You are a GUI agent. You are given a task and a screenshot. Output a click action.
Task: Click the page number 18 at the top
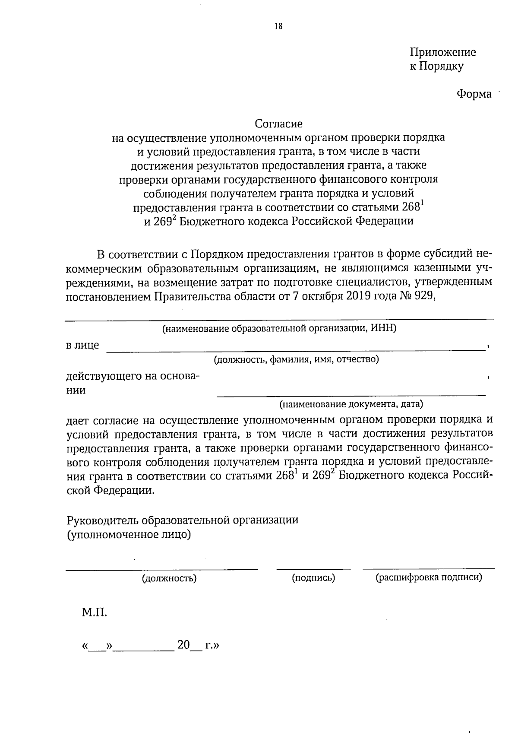pyautogui.click(x=278, y=26)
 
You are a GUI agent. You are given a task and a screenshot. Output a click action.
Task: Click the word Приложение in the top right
pyautogui.click(x=442, y=52)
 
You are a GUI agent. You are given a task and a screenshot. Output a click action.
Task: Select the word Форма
pyautogui.click(x=474, y=94)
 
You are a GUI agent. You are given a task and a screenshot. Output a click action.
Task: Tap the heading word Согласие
pyautogui.click(x=278, y=124)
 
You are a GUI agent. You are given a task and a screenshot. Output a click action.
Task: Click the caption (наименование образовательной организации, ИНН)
pyautogui.click(x=279, y=328)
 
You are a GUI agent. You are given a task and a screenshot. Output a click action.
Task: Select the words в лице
pyautogui.click(x=82, y=345)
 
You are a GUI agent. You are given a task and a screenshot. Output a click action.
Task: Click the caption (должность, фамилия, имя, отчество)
pyautogui.click(x=296, y=359)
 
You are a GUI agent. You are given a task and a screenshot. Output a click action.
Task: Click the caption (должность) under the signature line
pyautogui.click(x=169, y=578)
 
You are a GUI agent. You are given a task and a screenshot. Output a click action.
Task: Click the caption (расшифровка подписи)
pyautogui.click(x=429, y=578)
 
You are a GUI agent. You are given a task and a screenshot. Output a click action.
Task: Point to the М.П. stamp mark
pyautogui.click(x=94, y=612)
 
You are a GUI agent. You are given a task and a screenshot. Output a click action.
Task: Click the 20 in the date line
pyautogui.click(x=183, y=645)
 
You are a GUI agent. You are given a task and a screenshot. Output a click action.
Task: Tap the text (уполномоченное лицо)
pyautogui.click(x=128, y=534)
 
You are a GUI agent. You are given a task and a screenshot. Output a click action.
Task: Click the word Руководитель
pyautogui.click(x=100, y=520)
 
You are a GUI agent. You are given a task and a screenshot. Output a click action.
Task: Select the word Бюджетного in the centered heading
pyautogui.click(x=212, y=222)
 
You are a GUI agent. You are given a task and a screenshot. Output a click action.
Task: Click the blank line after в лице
pyautogui.click(x=295, y=350)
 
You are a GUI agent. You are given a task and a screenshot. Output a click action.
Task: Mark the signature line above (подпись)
pyautogui.click(x=313, y=569)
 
